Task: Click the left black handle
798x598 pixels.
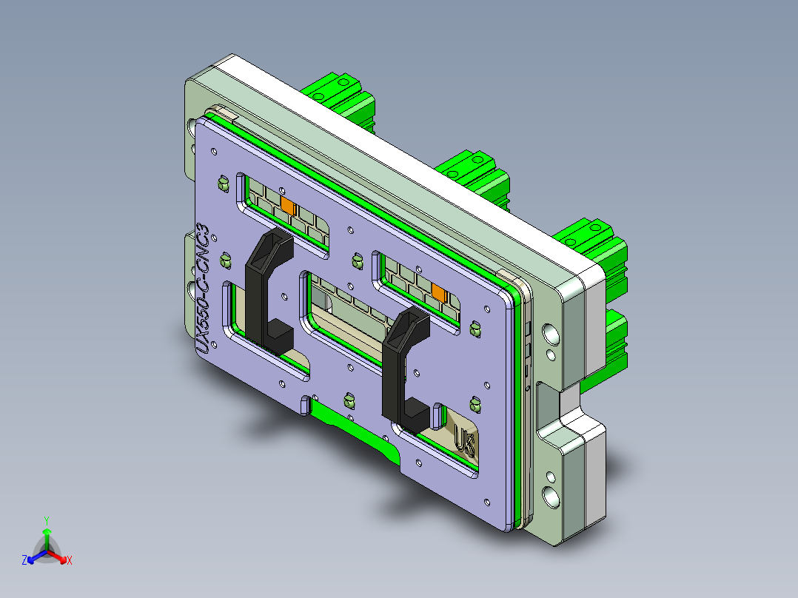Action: (x=258, y=296)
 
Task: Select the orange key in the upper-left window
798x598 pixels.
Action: (x=287, y=204)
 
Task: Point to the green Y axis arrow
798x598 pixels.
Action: (x=46, y=531)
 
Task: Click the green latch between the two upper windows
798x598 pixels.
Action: (x=356, y=261)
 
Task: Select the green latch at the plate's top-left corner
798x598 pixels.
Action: (x=221, y=182)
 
